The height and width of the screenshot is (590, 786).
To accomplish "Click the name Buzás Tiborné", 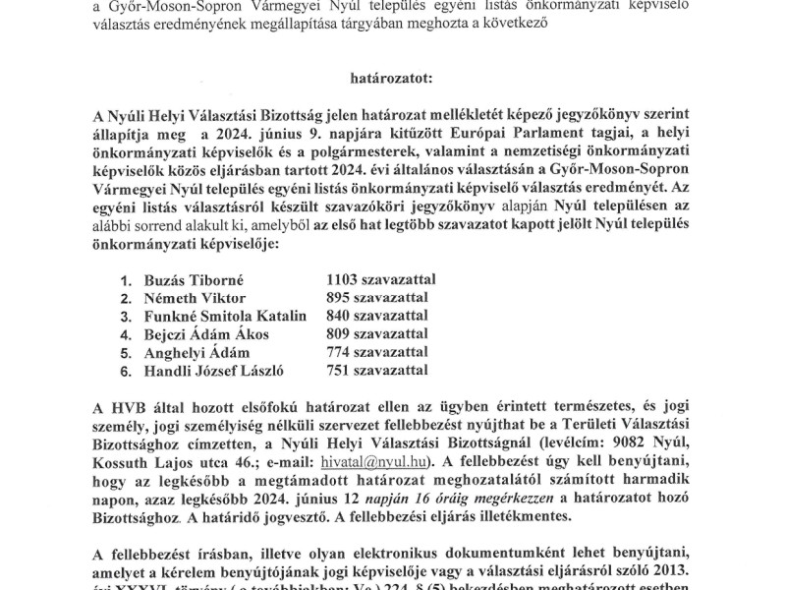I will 189,279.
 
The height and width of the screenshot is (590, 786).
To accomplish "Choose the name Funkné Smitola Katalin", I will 225,316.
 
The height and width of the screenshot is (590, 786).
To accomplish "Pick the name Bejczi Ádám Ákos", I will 205,334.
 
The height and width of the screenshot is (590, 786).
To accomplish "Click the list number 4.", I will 126,334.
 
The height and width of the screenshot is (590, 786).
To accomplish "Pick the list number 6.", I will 126,371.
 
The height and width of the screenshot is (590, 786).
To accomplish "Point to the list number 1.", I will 126,279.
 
